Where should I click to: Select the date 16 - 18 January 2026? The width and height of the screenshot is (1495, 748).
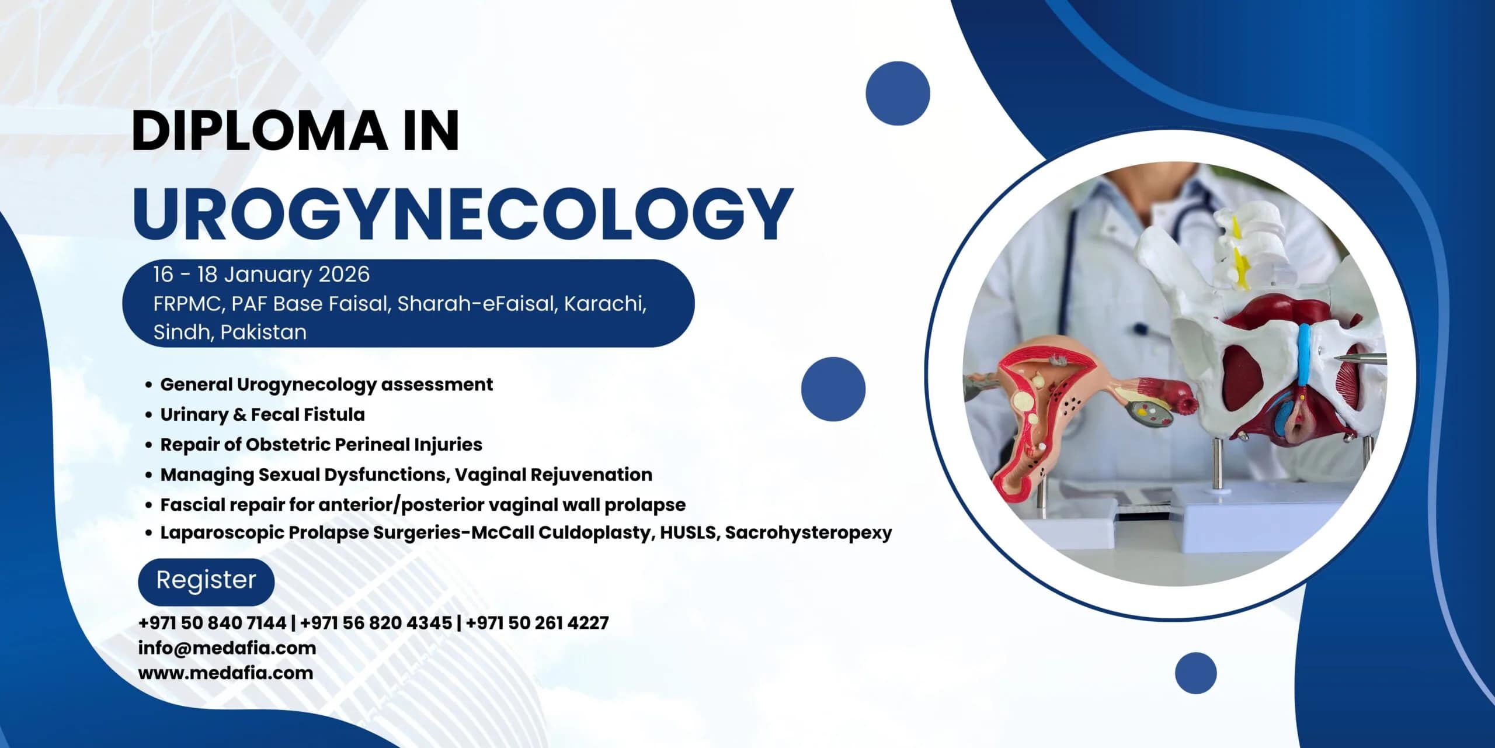(262, 275)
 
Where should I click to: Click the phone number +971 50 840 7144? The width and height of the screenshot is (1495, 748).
(212, 623)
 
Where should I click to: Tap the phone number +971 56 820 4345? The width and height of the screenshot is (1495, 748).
(376, 623)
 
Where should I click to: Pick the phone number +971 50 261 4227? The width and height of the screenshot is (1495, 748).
(537, 623)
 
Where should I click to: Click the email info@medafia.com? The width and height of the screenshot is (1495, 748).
(227, 648)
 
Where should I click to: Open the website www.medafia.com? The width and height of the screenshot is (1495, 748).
(225, 673)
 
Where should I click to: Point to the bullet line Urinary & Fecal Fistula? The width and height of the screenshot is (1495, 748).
(263, 414)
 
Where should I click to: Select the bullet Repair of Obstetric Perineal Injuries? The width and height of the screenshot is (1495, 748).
(321, 445)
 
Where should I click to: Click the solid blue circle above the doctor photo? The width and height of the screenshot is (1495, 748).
(898, 93)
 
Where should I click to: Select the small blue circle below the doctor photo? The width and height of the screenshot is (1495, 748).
(1195, 673)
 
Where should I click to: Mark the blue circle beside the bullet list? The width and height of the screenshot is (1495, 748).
(833, 389)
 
